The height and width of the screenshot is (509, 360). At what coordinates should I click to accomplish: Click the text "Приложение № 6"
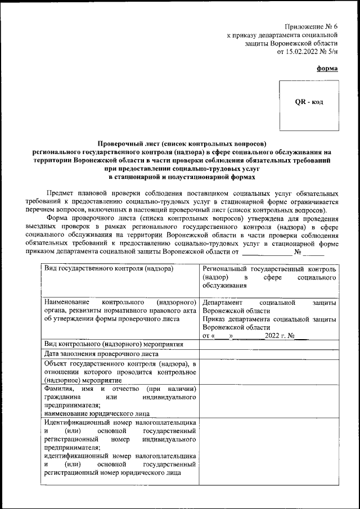pos(311,26)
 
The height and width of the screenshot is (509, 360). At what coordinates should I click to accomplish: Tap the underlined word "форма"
pos(327,68)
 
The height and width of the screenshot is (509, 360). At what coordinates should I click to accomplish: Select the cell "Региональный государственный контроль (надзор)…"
pos(270,277)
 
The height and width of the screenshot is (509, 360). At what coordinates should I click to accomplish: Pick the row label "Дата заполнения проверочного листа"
pos(101,354)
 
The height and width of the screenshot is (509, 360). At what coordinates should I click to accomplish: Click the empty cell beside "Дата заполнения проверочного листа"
pos(269,354)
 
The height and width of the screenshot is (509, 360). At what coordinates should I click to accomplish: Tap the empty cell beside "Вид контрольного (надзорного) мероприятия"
pos(269,344)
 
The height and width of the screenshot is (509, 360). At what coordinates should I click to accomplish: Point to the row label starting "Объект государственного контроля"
pos(120,372)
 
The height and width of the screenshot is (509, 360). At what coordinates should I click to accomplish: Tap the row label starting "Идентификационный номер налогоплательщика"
pos(120,447)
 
